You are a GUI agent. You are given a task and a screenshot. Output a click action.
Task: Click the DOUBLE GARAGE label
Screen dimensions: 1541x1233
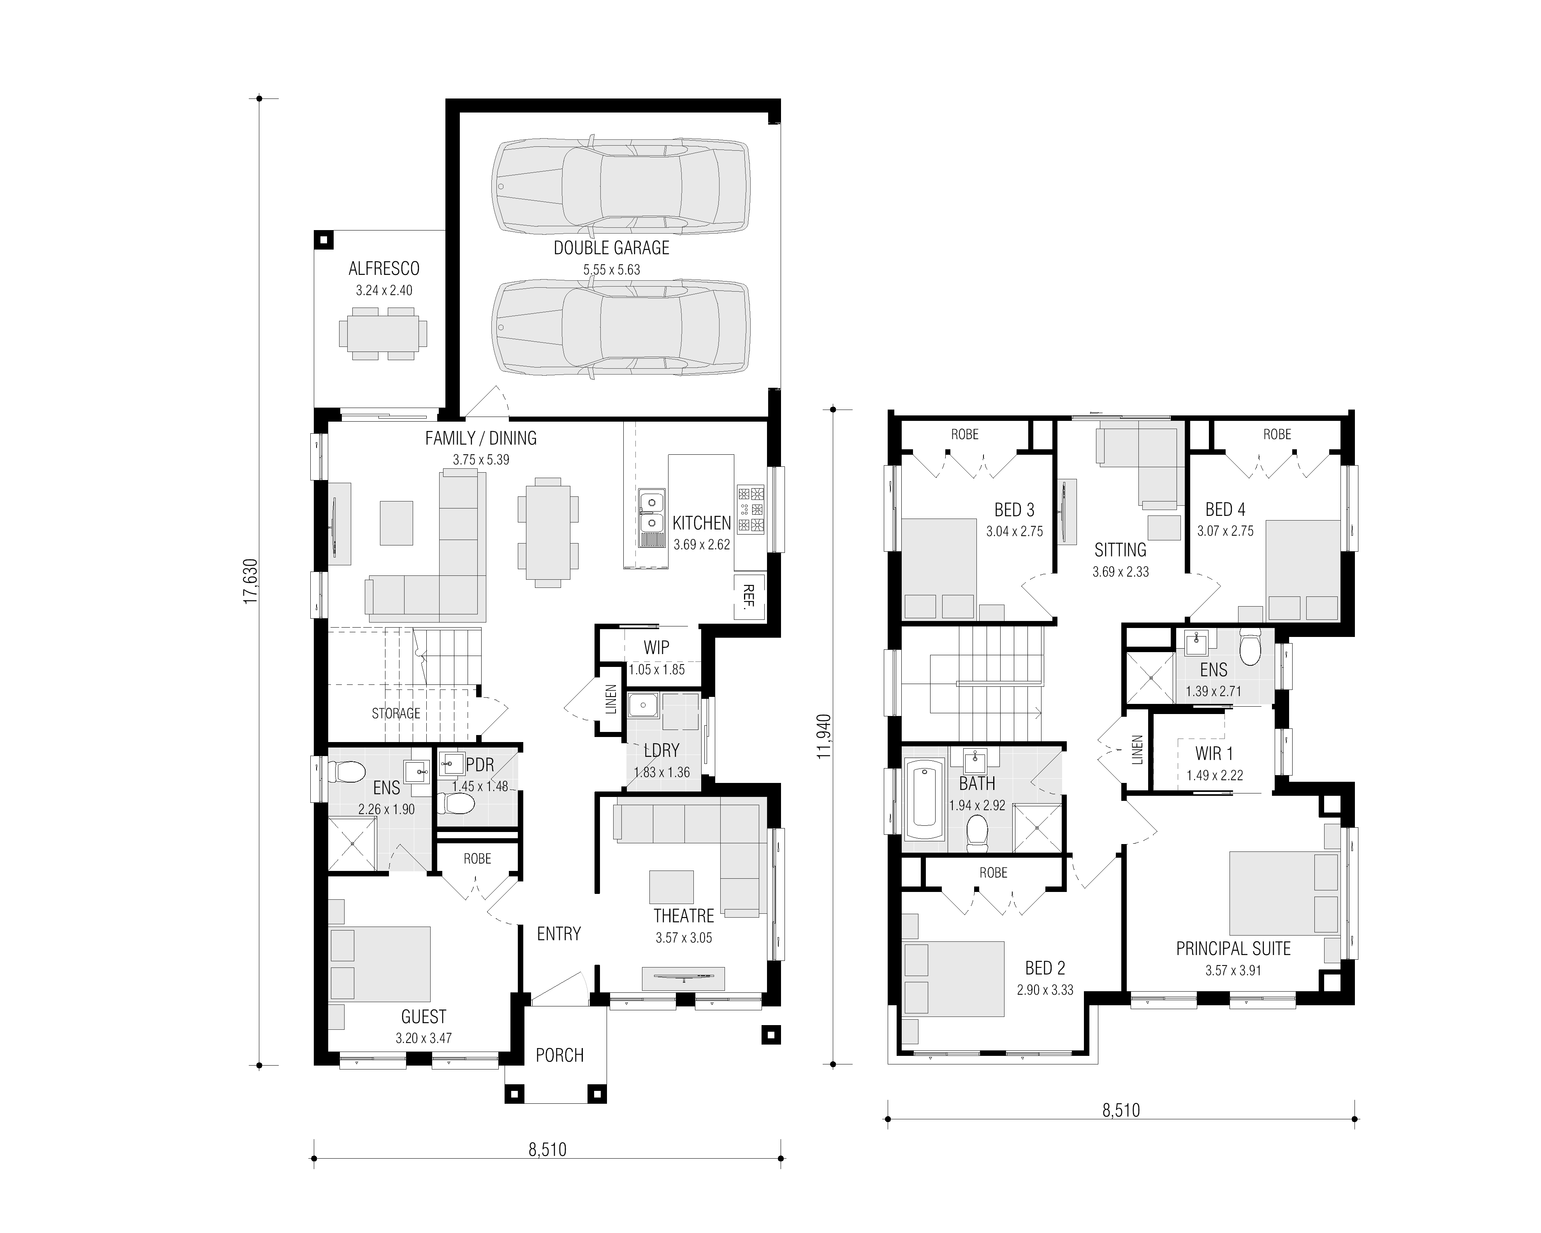point(611,248)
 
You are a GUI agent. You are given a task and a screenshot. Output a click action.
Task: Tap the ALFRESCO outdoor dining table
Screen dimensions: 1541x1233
point(383,334)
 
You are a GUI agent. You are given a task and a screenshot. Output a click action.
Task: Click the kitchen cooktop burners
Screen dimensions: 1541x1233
point(751,510)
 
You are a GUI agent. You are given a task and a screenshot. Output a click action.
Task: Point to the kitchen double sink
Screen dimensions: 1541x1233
point(651,512)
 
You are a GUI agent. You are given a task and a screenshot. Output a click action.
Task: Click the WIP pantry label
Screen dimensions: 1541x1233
point(656,647)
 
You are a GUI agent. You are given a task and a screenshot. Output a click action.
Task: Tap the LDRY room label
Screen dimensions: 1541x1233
point(661,751)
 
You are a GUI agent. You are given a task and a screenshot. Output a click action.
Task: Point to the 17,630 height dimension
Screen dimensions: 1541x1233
point(250,581)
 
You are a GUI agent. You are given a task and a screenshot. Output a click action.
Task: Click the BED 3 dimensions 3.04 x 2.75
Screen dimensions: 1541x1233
point(1014,532)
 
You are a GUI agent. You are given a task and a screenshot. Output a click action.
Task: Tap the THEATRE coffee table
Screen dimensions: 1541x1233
point(671,887)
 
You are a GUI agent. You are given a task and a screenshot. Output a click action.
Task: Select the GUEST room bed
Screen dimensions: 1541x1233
point(380,964)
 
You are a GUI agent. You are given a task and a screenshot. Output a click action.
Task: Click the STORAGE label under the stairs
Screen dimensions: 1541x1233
point(396,713)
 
